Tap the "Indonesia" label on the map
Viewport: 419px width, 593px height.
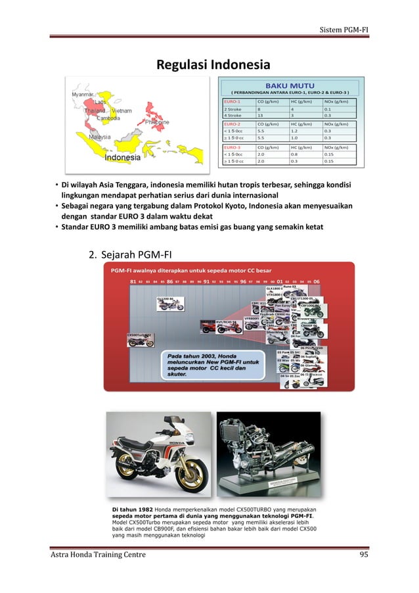[x=121, y=158]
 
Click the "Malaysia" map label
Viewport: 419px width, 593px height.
[x=99, y=137]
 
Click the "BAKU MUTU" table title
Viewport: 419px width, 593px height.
[x=290, y=85]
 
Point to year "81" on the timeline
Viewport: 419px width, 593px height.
[x=133, y=281]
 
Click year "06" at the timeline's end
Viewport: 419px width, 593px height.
[x=317, y=281]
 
